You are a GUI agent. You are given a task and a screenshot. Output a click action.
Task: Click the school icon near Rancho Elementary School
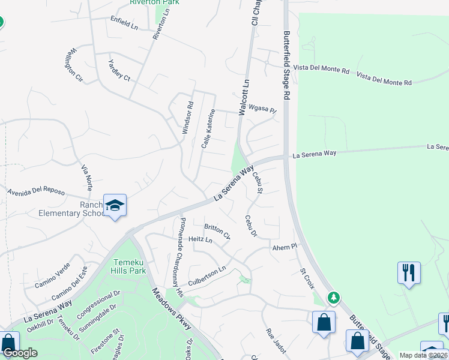pyautogui.click(x=115, y=206)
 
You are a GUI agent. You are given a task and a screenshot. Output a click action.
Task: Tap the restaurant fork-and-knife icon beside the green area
pyautogui.click(x=409, y=272)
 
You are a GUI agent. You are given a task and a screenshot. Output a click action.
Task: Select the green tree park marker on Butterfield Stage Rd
pyautogui.click(x=334, y=298)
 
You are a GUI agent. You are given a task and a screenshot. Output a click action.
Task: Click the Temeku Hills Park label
pyautogui.click(x=128, y=266)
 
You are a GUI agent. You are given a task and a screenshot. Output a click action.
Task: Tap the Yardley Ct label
pyautogui.click(x=119, y=70)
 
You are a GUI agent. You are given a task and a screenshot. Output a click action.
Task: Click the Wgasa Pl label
pyautogui.click(x=264, y=110)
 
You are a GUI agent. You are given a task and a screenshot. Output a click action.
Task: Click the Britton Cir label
pyautogui.click(x=217, y=230)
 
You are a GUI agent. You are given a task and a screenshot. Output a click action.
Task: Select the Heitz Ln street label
pyautogui.click(x=200, y=240)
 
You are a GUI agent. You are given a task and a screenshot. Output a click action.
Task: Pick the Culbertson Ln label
pyautogui.click(x=207, y=274)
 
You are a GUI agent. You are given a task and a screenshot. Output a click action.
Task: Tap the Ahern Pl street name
pyautogui.click(x=285, y=246)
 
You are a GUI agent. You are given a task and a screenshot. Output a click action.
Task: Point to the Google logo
pyautogui.click(x=20, y=353)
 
